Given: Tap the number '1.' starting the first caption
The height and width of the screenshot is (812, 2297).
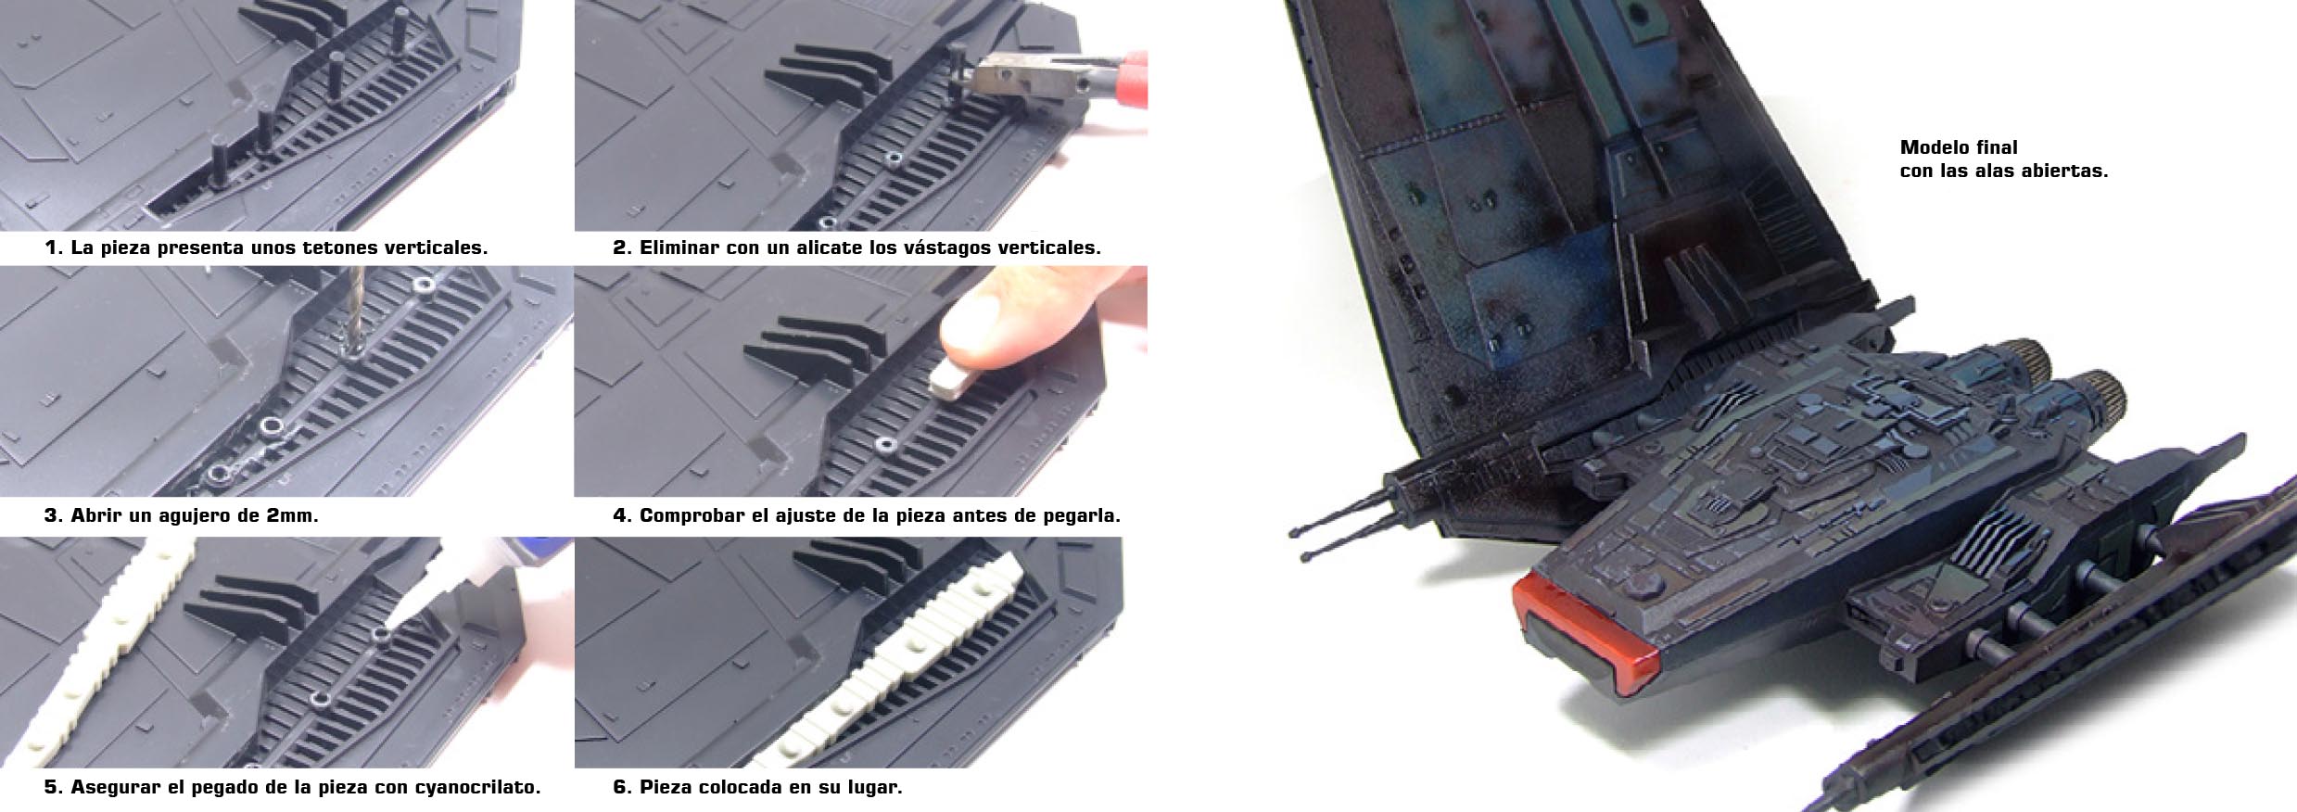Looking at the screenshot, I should click(53, 247).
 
